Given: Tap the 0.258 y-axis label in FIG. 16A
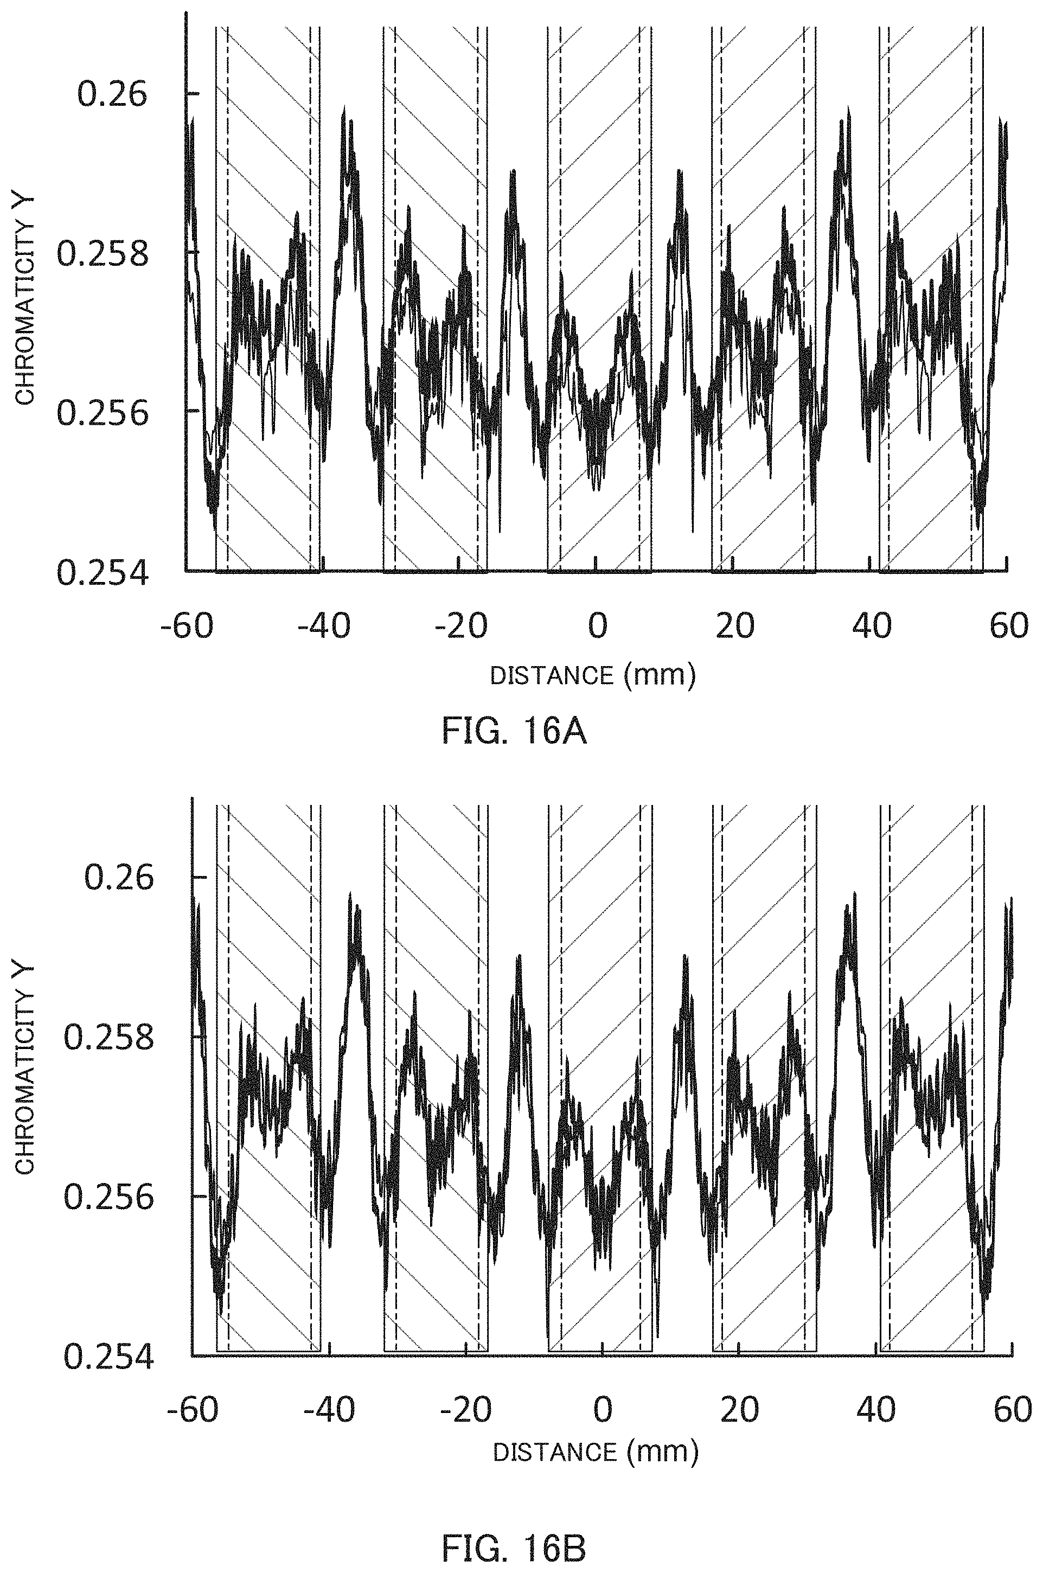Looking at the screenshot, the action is (x=102, y=253).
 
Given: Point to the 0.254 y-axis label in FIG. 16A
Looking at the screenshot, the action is (x=102, y=573).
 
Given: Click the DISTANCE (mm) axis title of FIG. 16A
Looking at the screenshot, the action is (x=593, y=676).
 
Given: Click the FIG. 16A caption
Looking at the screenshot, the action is (x=514, y=733).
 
